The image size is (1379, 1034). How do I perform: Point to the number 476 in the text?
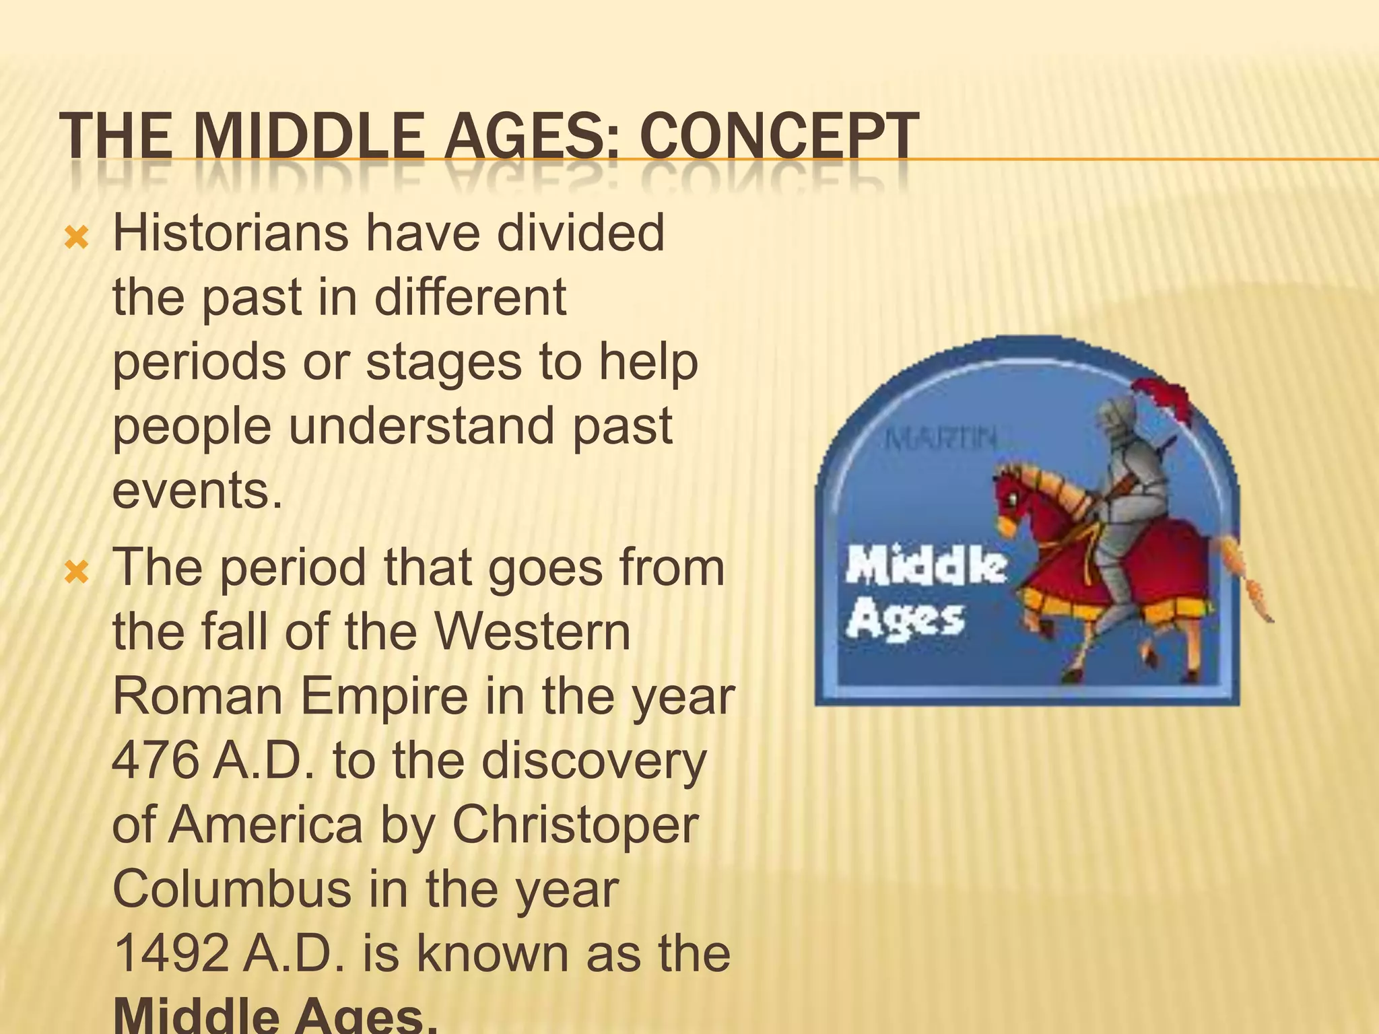click(155, 761)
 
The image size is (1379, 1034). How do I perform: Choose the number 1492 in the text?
click(171, 953)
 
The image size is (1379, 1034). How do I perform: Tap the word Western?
click(532, 632)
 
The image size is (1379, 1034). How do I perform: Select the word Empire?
click(382, 697)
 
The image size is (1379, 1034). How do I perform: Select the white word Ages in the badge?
click(905, 620)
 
